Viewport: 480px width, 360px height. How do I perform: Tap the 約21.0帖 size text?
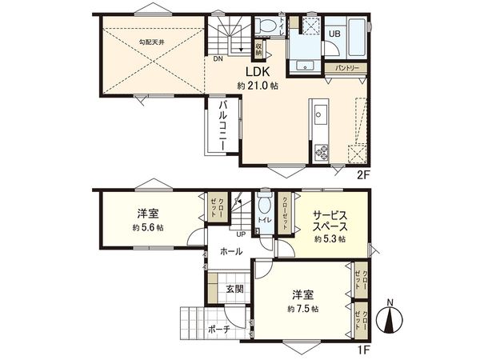256,86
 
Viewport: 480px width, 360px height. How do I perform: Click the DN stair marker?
217,58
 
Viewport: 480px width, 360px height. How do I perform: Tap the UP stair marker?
240,234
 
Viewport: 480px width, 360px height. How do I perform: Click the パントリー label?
346,68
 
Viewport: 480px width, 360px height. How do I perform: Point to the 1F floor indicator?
363,350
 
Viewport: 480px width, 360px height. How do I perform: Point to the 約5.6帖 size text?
148,228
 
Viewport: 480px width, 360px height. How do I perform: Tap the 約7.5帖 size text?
304,309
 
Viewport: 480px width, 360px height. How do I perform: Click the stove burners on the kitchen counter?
321,150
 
